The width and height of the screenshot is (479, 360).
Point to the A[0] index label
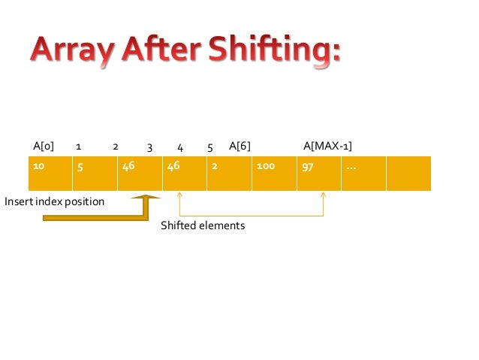click(44, 145)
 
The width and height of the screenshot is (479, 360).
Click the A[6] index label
click(239, 145)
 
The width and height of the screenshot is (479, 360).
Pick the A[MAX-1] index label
click(327, 145)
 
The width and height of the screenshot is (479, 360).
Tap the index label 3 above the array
click(149, 148)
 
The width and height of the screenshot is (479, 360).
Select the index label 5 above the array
click(210, 148)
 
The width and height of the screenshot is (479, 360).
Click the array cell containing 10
click(50, 173)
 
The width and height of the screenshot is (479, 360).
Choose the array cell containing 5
click(95, 173)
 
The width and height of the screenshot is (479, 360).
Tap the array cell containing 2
click(229, 173)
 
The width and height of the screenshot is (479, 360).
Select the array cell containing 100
click(274, 173)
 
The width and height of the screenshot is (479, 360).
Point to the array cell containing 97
click(319, 173)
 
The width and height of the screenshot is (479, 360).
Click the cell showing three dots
click(363, 173)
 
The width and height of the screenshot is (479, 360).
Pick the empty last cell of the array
click(408, 173)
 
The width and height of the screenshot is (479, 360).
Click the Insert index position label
click(54, 202)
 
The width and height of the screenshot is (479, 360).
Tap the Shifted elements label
click(203, 225)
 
